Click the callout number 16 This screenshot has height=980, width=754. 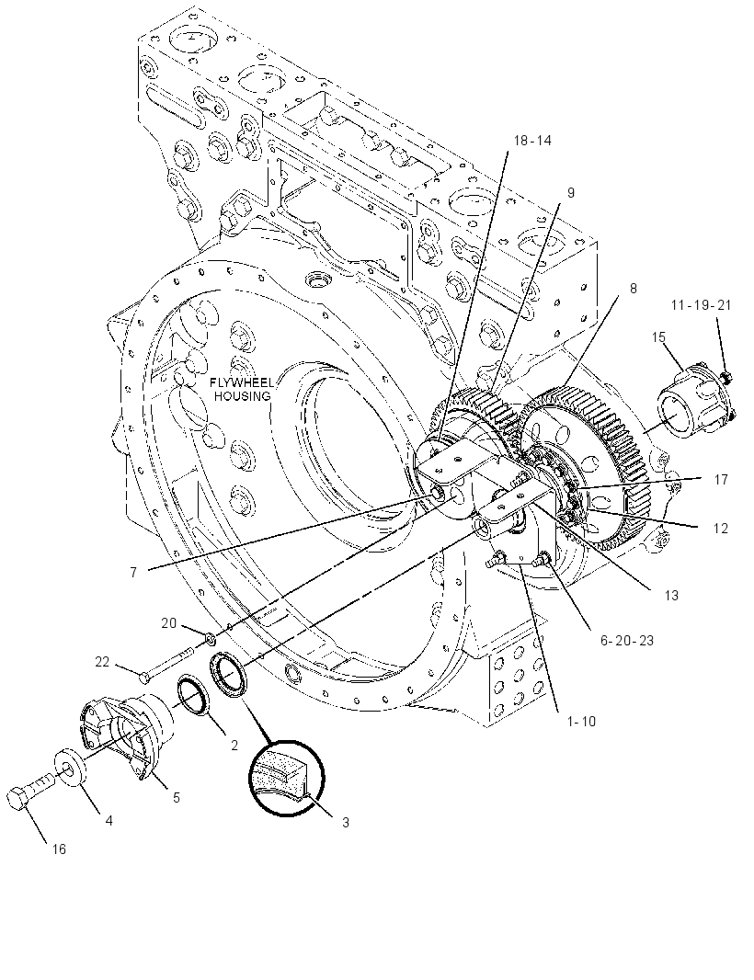click(x=58, y=849)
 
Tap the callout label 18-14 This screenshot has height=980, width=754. click(x=532, y=141)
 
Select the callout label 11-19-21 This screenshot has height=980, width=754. click(x=701, y=305)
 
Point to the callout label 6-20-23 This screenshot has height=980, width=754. click(x=627, y=640)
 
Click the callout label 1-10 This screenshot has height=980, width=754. click(x=581, y=722)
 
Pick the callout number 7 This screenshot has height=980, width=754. click(x=133, y=572)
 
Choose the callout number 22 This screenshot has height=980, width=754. click(x=102, y=661)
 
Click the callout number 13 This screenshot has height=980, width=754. click(x=671, y=595)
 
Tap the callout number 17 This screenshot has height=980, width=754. click(x=721, y=479)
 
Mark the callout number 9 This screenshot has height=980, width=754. click(x=570, y=193)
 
